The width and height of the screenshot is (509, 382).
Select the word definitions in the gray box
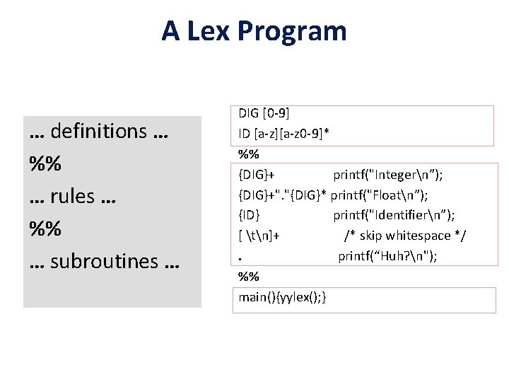tap(99, 131)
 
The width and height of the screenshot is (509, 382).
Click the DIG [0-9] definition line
tap(264, 113)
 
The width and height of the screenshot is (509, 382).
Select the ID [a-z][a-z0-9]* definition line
tap(285, 134)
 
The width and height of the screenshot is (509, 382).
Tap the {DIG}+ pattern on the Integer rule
tap(257, 175)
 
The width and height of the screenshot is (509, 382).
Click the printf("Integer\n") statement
tap(388, 175)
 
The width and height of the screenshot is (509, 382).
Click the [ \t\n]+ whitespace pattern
tap(259, 236)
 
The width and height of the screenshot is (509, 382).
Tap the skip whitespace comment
tap(405, 236)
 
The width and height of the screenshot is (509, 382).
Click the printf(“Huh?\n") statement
tap(387, 256)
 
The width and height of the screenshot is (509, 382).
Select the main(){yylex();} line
tap(282, 297)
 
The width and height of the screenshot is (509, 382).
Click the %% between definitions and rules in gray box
tap(45, 163)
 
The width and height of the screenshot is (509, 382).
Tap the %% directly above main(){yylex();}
tap(248, 277)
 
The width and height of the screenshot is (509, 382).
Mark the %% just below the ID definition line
tap(248, 154)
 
